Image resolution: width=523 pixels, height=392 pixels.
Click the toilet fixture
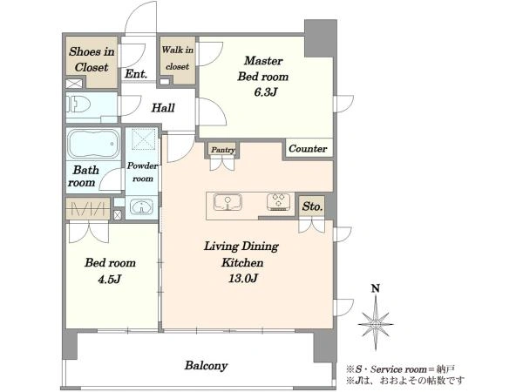(x=78, y=105)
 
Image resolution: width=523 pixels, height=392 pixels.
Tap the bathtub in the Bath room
(x=93, y=144)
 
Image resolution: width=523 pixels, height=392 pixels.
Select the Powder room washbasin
(x=141, y=206)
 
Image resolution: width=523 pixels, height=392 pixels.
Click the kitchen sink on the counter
(x=228, y=202)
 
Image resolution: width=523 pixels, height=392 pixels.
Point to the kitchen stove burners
(x=278, y=202)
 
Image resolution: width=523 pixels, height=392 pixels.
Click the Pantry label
(x=223, y=150)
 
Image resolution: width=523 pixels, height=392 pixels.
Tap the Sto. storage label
(x=312, y=206)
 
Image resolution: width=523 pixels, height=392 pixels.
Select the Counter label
(x=308, y=148)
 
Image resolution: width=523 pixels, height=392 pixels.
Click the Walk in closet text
(x=178, y=58)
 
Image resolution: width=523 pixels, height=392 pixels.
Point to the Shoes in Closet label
(x=92, y=59)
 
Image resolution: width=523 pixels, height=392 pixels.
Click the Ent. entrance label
(x=136, y=74)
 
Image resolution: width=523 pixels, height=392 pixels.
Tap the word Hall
(x=163, y=108)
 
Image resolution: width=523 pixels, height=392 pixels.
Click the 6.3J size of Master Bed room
(x=266, y=92)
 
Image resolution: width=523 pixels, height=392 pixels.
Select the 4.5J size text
(x=109, y=279)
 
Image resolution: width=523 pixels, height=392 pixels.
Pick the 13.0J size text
(x=243, y=278)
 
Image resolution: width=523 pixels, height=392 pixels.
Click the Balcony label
(x=206, y=366)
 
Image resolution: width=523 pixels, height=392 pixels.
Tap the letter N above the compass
(x=376, y=288)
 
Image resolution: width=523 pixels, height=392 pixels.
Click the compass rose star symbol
(x=376, y=323)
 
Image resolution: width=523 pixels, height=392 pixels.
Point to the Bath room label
(x=84, y=176)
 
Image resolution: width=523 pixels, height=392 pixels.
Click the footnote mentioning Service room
(x=400, y=369)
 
